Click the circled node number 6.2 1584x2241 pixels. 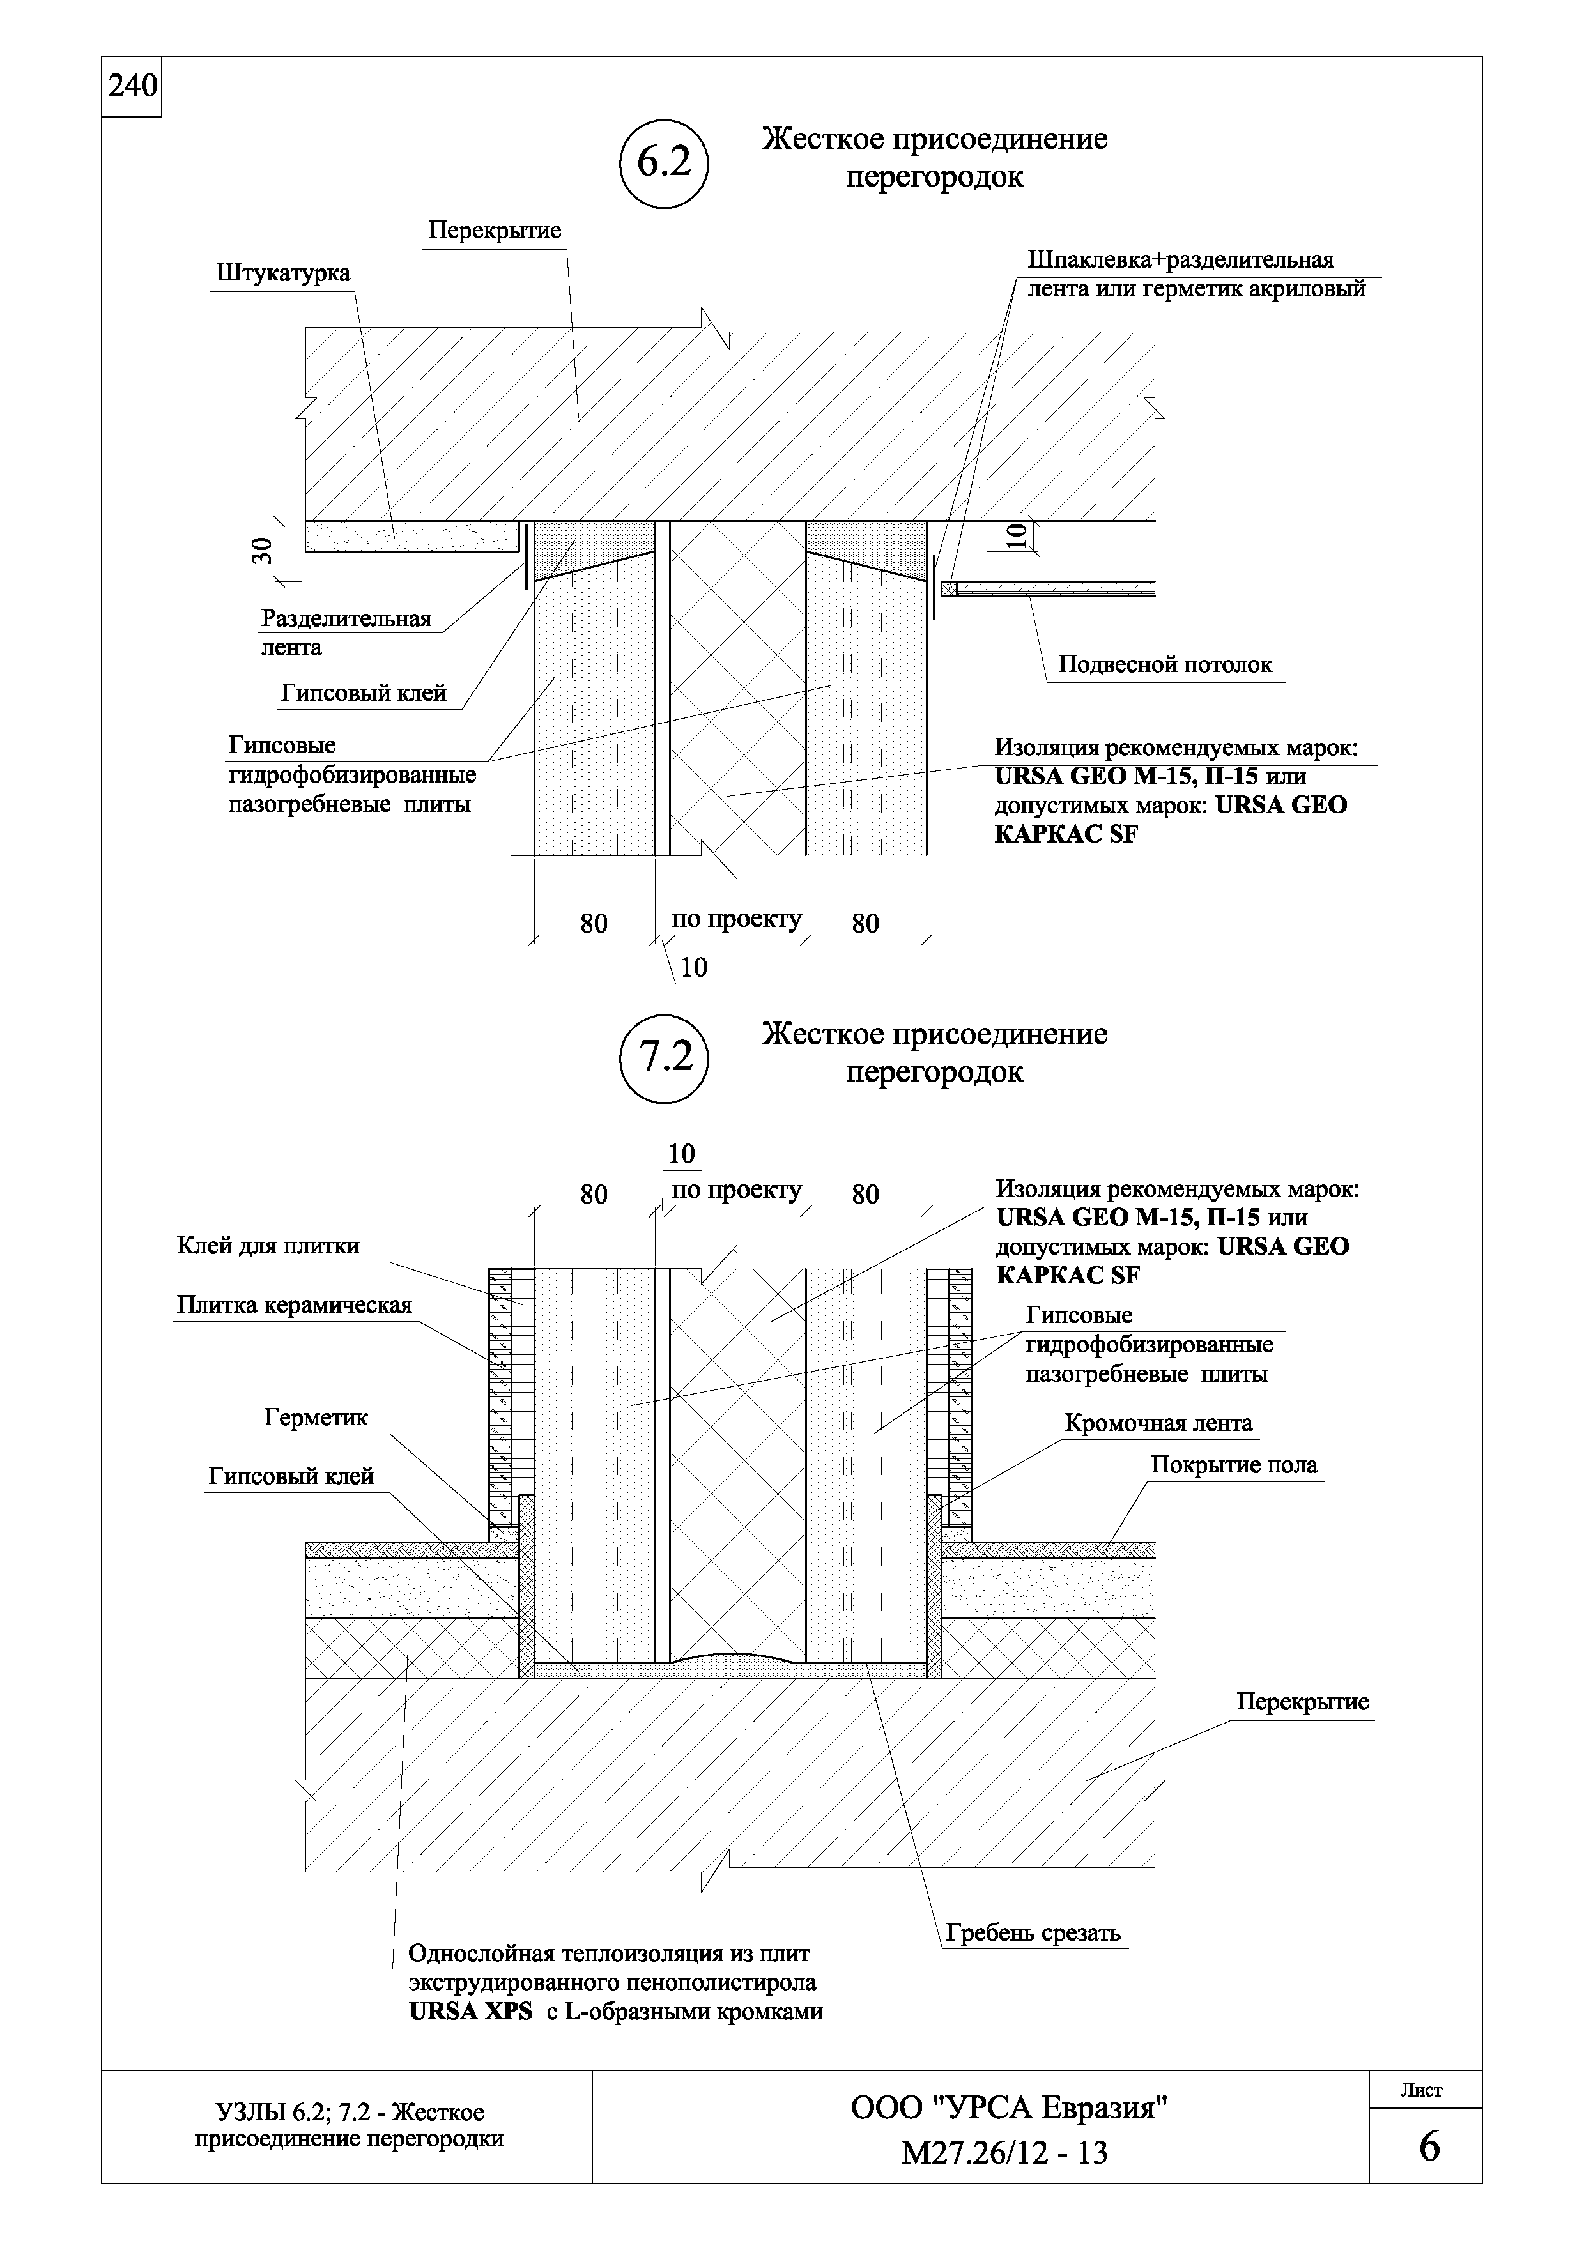[x=664, y=163]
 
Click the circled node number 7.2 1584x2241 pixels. [x=664, y=1057]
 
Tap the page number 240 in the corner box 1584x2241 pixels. [x=132, y=87]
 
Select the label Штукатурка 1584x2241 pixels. [x=283, y=273]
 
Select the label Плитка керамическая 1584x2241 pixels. [x=294, y=1305]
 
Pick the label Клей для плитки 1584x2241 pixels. [x=268, y=1246]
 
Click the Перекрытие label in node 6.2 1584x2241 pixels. [x=495, y=231]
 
